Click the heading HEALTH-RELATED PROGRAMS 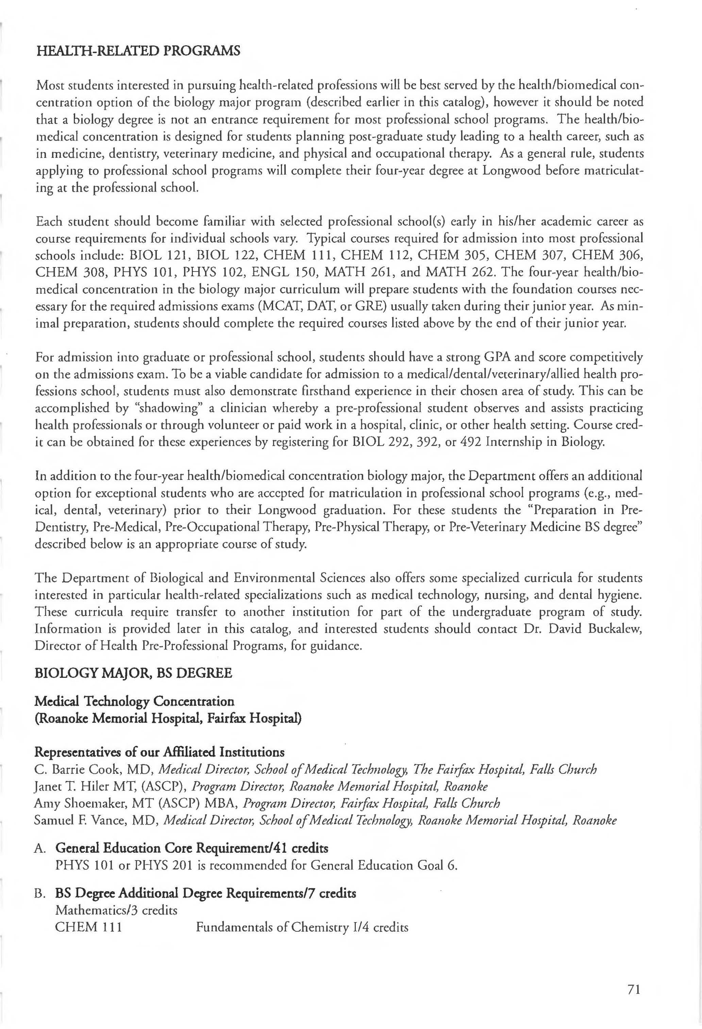(x=138, y=51)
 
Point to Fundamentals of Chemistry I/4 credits (x=302, y=928)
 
